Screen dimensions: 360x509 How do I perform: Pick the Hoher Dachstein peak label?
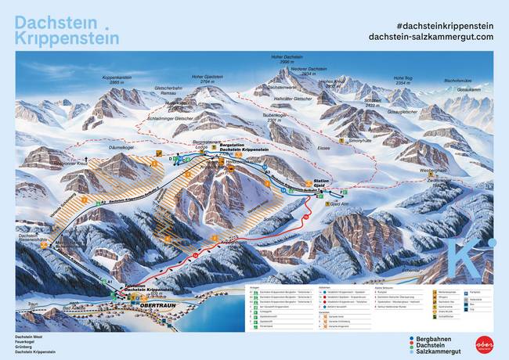click(287, 59)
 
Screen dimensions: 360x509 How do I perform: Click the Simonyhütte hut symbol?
click(342, 139)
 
